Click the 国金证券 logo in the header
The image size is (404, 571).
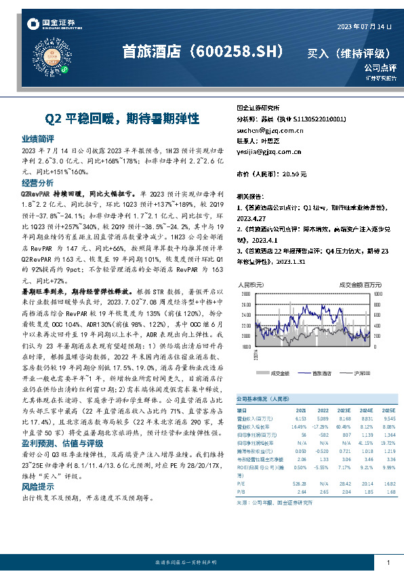pyautogui.click(x=51, y=24)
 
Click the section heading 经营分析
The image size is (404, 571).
pyautogui.click(x=37, y=183)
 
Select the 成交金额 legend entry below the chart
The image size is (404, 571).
pyautogui.click(x=280, y=373)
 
